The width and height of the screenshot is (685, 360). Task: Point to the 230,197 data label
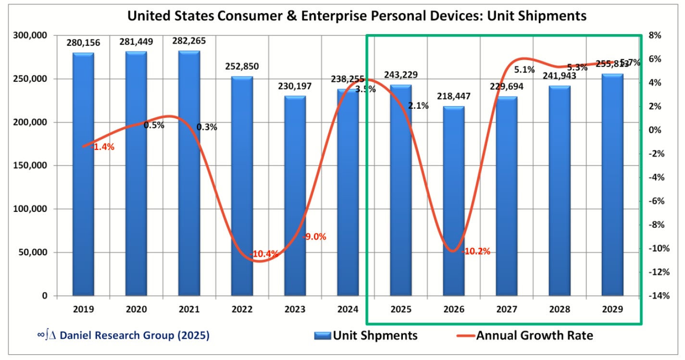pyautogui.click(x=295, y=87)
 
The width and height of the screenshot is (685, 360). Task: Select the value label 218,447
pyautogui.click(x=453, y=97)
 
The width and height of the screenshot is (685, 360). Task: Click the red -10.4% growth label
pyautogui.click(x=264, y=254)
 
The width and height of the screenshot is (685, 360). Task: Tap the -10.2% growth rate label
pyautogui.click(x=476, y=251)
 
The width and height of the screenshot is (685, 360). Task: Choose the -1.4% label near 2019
pyautogui.click(x=102, y=147)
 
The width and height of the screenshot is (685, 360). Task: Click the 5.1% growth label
pyautogui.click(x=524, y=70)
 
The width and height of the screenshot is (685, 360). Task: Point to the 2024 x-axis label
pyautogui.click(x=348, y=310)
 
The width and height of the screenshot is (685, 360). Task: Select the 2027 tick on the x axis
pyautogui.click(x=506, y=310)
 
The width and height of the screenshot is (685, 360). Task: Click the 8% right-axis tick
pyautogui.click(x=655, y=36)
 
